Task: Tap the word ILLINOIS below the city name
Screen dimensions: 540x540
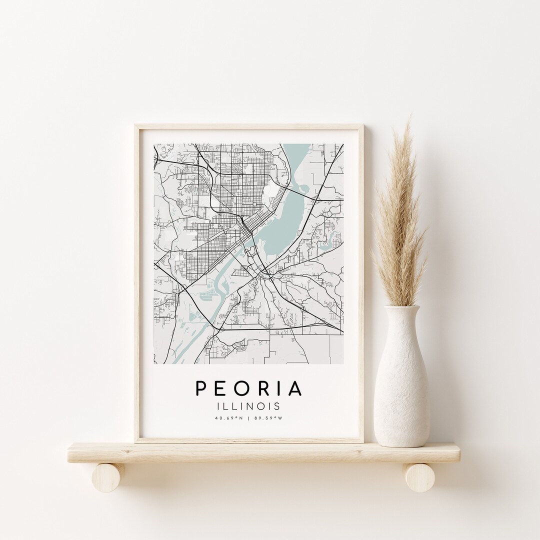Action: tap(248, 406)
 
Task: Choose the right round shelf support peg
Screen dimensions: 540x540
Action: tap(419, 477)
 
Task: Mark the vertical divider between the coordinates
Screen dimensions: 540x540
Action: tap(248, 418)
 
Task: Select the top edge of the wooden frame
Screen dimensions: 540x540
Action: tap(248, 127)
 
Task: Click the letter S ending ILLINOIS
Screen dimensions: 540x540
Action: tap(277, 406)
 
